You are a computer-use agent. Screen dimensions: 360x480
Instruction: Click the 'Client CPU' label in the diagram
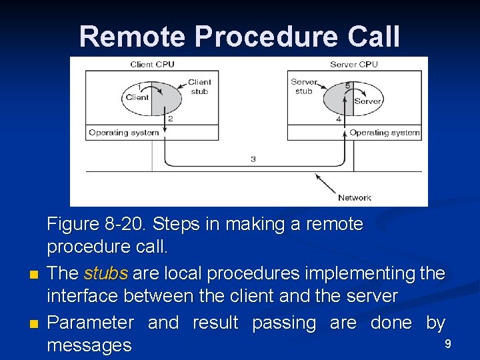click(x=152, y=65)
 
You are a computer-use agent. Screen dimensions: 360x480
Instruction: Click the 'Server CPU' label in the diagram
click(x=353, y=65)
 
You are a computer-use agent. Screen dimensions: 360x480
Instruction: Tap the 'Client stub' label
click(x=199, y=87)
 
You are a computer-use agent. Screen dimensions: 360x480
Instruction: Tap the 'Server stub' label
click(x=304, y=87)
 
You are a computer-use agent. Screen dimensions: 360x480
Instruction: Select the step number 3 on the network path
click(x=253, y=159)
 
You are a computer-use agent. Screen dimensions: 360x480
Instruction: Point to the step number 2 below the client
click(x=171, y=119)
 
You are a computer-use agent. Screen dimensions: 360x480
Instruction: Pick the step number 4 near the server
click(x=339, y=119)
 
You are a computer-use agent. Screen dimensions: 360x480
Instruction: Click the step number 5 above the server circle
click(x=347, y=86)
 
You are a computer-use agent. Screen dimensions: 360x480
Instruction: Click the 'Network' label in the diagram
click(x=354, y=197)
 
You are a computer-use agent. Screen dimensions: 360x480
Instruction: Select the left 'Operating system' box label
click(x=124, y=133)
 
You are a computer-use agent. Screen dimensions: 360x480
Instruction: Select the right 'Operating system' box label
click(x=385, y=133)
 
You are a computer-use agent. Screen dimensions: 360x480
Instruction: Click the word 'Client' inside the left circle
click(x=137, y=97)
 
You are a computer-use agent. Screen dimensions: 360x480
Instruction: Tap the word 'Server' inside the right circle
click(x=367, y=101)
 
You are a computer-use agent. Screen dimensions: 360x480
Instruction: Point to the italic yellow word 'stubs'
click(x=106, y=274)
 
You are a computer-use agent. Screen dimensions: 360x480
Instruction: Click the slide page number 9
click(x=448, y=344)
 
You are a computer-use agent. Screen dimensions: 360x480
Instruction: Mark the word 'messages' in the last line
click(x=89, y=345)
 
